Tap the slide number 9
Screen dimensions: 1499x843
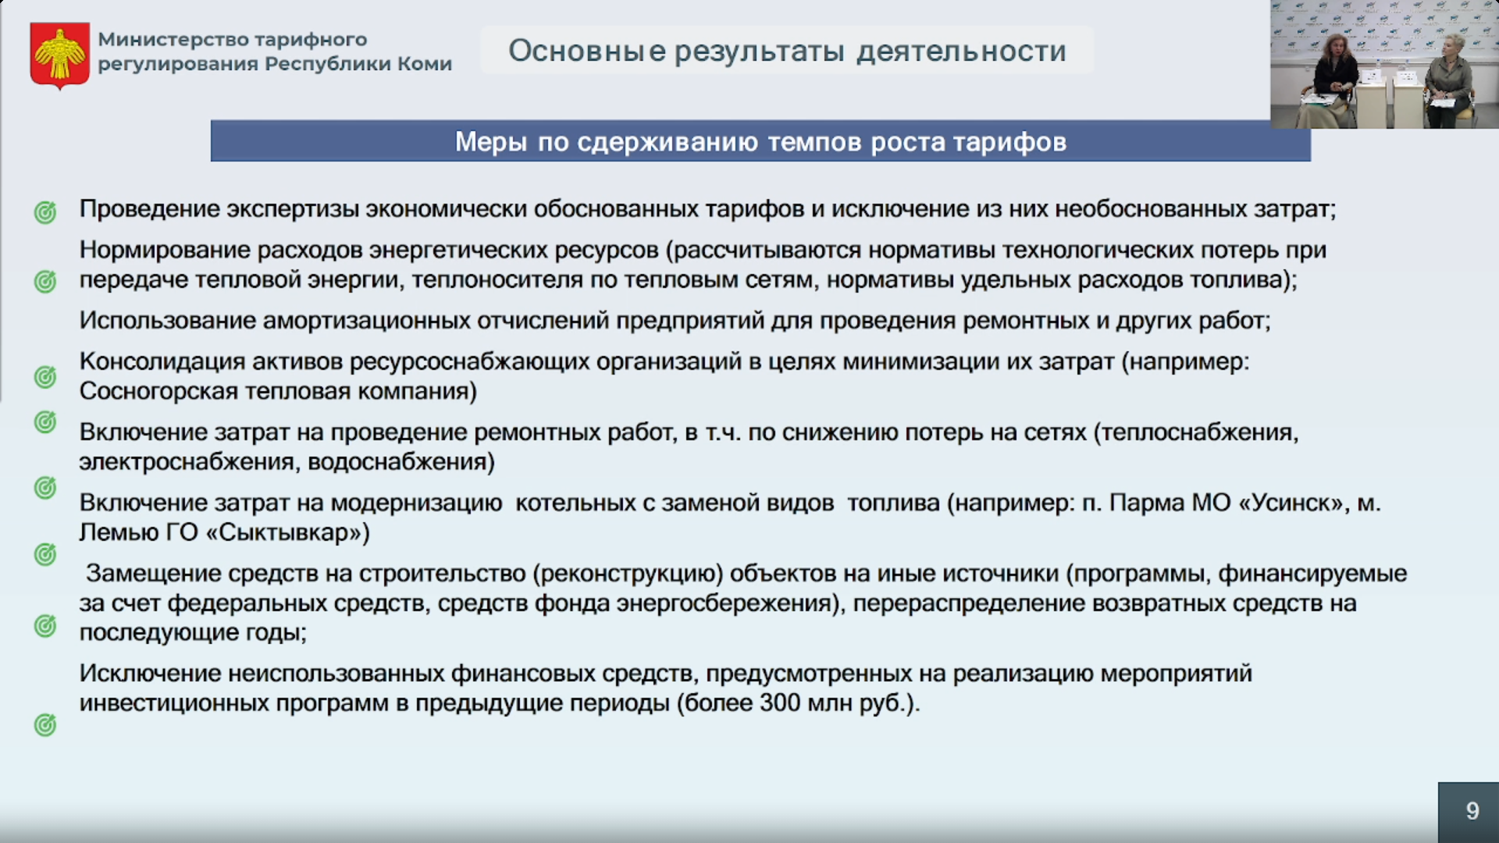[1472, 811]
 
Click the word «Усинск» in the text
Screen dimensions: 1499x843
[1295, 503]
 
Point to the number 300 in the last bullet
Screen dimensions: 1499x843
[780, 703]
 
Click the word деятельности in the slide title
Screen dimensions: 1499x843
[961, 52]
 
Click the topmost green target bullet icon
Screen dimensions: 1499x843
[45, 212]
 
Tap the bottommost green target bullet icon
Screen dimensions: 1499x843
[45, 725]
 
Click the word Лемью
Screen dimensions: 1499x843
[116, 533]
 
